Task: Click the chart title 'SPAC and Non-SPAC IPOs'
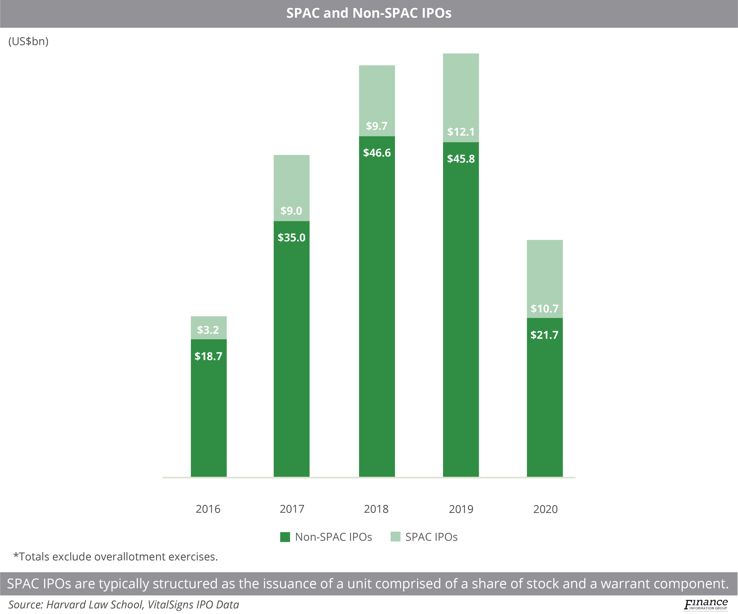point(369,13)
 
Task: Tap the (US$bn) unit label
point(29,41)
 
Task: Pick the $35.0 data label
point(291,238)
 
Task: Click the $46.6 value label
point(377,153)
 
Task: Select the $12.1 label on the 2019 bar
point(461,132)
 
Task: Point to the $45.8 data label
point(461,159)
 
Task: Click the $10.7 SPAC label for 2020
point(544,309)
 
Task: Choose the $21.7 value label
point(544,335)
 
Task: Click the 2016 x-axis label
point(208,509)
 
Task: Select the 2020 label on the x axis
point(546,509)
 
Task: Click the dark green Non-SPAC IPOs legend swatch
point(285,537)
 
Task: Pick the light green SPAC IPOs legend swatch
point(395,537)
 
